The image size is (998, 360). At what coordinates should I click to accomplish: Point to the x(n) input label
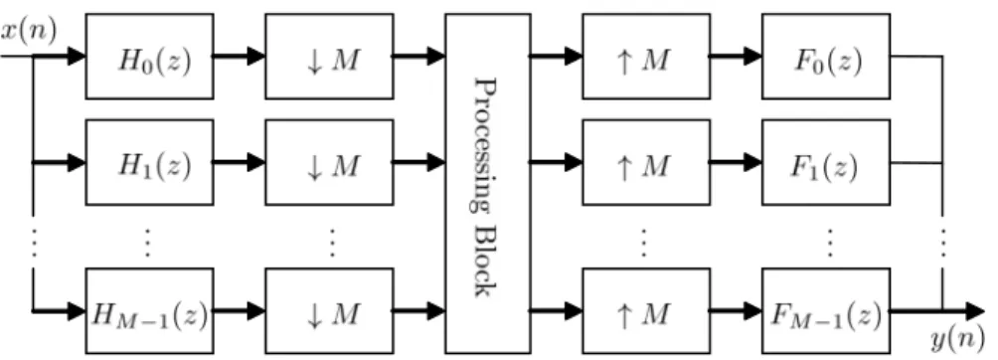[29, 30]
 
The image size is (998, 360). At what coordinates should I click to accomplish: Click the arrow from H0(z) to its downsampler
[240, 56]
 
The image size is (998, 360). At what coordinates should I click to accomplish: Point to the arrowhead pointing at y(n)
[976, 311]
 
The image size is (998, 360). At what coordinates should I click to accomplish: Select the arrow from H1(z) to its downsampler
[240, 162]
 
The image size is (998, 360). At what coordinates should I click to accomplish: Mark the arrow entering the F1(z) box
[737, 162]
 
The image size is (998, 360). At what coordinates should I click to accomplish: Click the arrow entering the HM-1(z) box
[59, 311]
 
